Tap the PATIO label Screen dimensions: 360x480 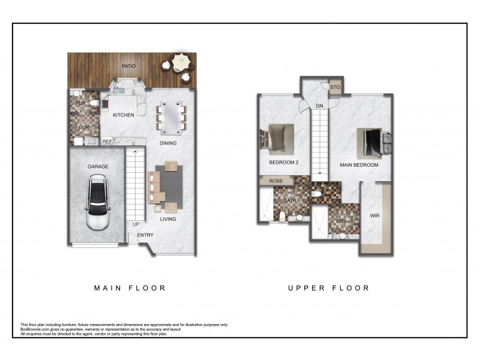tap(129, 67)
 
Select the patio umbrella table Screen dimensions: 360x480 tap(180, 62)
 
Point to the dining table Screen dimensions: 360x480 tap(171, 118)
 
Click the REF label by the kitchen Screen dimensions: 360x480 tap(107, 142)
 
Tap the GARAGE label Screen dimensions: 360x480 tap(97, 167)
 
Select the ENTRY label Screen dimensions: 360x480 tap(145, 235)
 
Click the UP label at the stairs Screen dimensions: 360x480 tap(136, 224)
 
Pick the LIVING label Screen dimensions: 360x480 tap(168, 219)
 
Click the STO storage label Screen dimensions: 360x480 tap(335, 87)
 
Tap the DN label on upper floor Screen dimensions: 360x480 tap(320, 106)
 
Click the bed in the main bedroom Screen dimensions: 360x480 tap(372, 142)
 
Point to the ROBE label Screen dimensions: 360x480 tap(276, 180)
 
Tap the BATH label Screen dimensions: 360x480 tap(290, 200)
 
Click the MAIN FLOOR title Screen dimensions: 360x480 tap(130, 288)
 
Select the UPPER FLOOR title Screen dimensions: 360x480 tap(329, 288)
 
